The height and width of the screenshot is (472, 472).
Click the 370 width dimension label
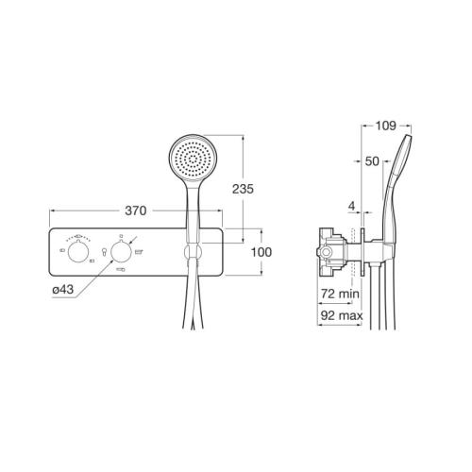(136, 211)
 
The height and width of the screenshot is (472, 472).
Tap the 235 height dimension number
(243, 189)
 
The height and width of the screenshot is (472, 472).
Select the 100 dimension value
(261, 252)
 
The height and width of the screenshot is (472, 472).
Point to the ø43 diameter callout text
(63, 289)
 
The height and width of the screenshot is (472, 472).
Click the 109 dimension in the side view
(386, 126)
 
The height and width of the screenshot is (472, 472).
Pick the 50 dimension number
(372, 161)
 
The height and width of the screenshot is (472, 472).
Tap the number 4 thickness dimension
(352, 206)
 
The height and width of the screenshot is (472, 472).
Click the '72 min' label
(340, 294)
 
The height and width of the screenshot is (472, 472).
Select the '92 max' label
(342, 315)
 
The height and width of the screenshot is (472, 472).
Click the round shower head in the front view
(193, 158)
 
